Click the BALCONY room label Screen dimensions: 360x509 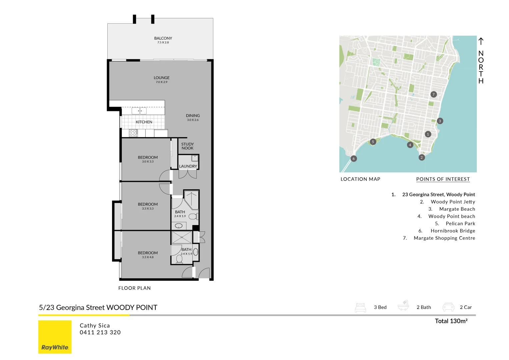(163, 38)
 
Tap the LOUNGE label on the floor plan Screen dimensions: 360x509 (162, 78)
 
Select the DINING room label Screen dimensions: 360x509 (193, 116)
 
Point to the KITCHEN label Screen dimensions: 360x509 (144, 122)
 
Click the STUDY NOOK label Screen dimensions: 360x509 (187, 146)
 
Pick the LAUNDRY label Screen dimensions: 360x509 (188, 166)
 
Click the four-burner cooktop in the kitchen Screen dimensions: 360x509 (133, 133)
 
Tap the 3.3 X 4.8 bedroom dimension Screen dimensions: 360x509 (148, 257)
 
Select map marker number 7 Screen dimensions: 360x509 (433, 94)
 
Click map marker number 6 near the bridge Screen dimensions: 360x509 (354, 159)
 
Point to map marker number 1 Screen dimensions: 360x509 (428, 134)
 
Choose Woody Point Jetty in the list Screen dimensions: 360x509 (453, 202)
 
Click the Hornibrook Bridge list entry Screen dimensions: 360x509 (453, 231)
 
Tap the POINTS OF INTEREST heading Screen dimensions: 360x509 (443, 179)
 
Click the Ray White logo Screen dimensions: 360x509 (55, 337)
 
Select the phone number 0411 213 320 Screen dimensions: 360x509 (100, 332)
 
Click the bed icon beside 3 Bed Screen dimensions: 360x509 (360, 307)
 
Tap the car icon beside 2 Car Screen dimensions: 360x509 (448, 307)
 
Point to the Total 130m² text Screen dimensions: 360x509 (451, 321)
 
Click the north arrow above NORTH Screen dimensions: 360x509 (481, 41)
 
